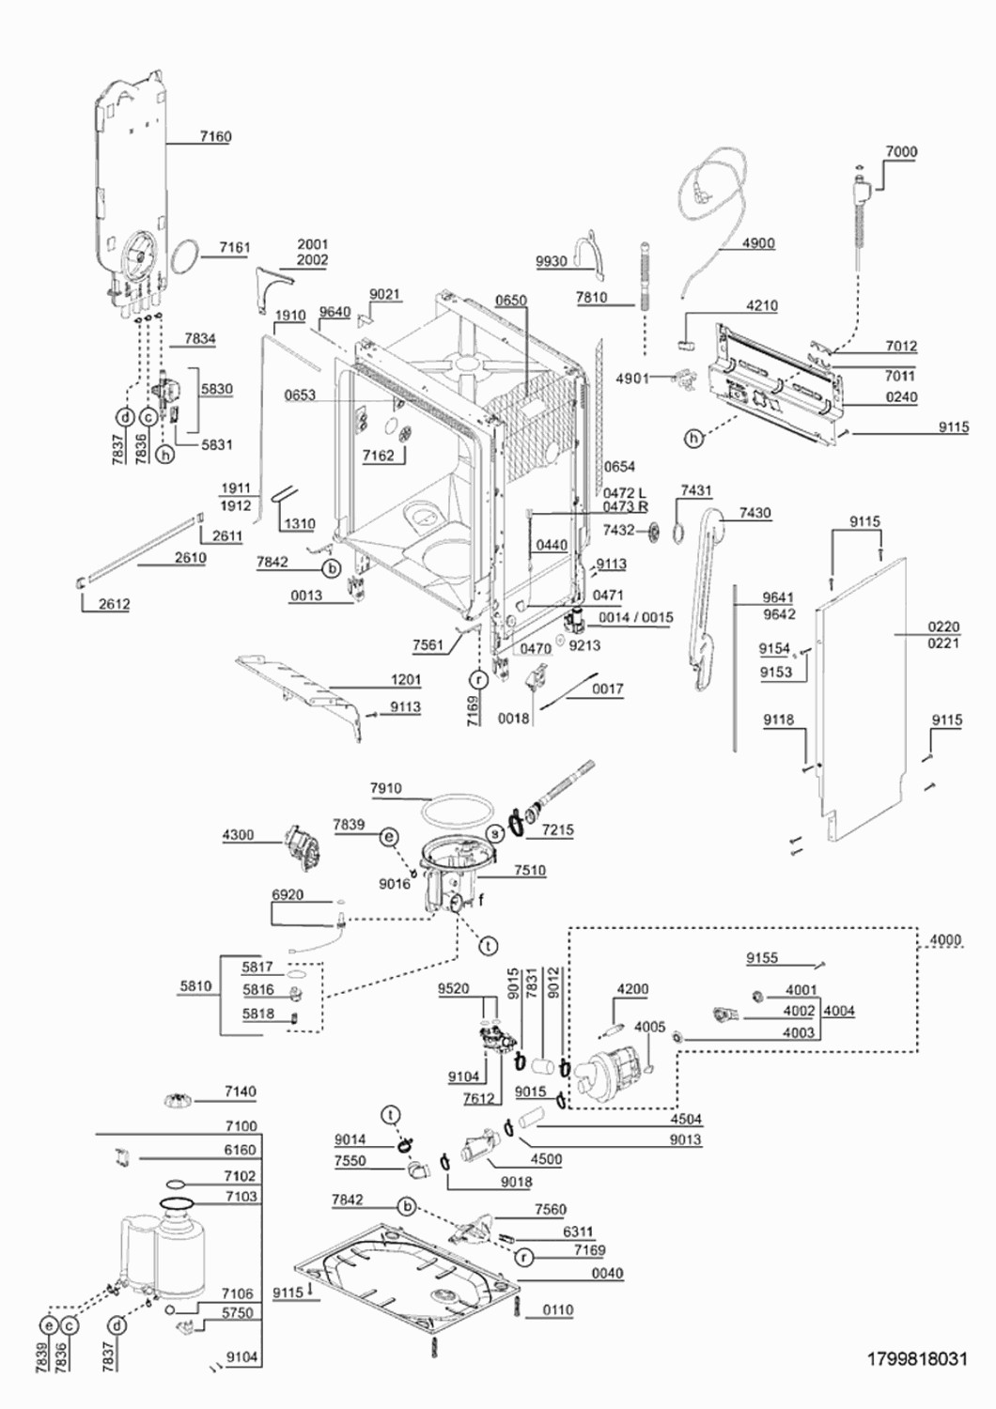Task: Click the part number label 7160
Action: (215, 136)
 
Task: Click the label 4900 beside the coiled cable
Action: (758, 243)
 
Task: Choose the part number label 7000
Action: (901, 151)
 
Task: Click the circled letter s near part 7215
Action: (496, 834)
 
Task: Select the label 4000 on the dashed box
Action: (945, 940)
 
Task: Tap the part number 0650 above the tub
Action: (510, 301)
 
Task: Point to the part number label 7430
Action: (755, 513)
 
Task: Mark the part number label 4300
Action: (238, 835)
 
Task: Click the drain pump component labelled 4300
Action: (302, 848)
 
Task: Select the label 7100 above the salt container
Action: (241, 1126)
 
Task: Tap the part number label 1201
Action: (405, 680)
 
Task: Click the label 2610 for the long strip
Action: (190, 558)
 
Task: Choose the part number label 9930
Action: (552, 261)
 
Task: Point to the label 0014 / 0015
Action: (635, 618)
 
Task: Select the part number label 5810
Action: (195, 985)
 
